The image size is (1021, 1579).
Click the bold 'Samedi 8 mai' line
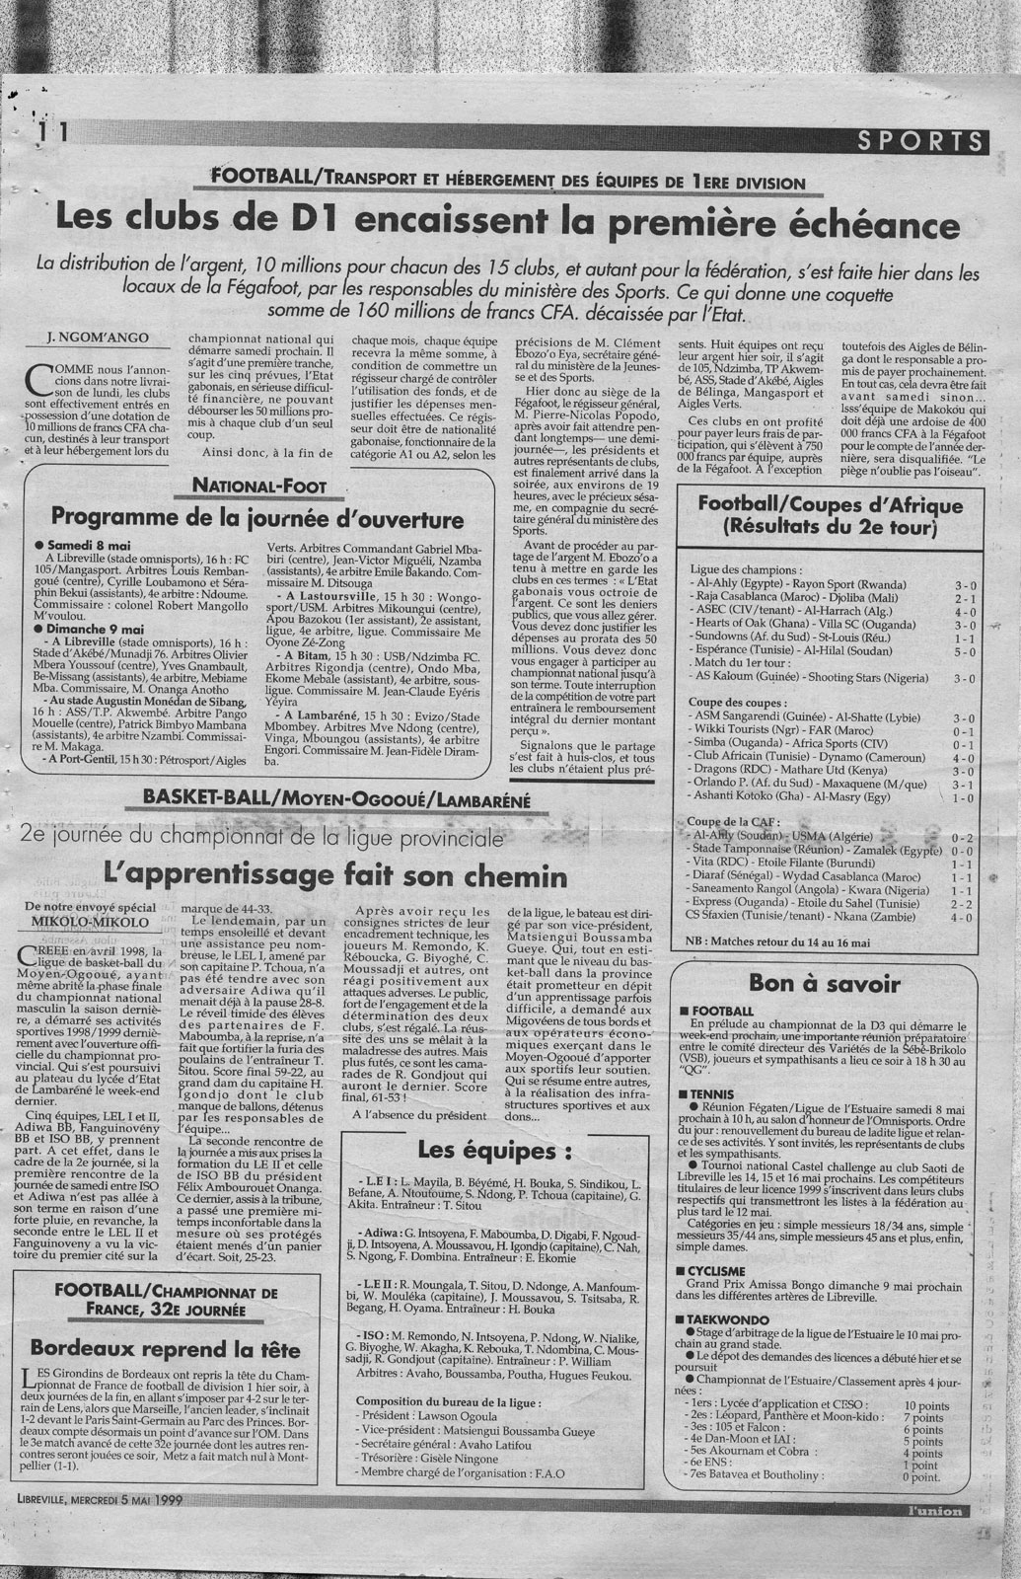click(85, 544)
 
